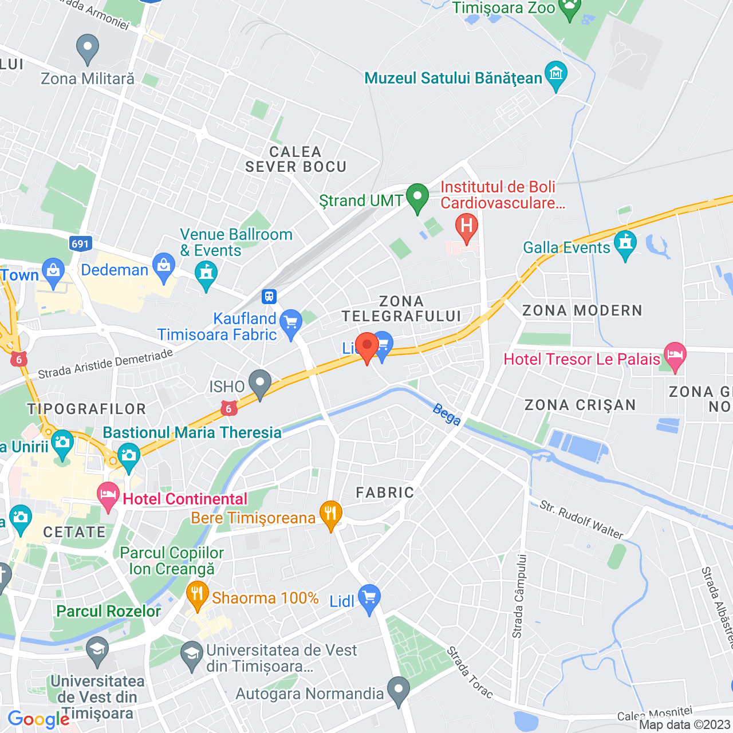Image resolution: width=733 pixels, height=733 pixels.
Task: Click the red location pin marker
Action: (x=366, y=346)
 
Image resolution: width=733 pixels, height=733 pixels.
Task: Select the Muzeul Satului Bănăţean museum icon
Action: (x=556, y=75)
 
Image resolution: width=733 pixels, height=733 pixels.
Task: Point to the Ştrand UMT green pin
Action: (x=417, y=198)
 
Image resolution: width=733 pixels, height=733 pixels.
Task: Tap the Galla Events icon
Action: (x=625, y=244)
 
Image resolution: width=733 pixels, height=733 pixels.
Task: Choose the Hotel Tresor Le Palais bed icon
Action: (x=675, y=356)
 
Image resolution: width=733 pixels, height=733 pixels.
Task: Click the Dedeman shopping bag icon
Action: (x=164, y=267)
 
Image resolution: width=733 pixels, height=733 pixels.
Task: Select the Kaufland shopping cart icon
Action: (x=291, y=323)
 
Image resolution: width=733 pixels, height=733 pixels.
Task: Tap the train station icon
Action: (x=269, y=297)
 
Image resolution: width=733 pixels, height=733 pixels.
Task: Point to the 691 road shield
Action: (x=80, y=244)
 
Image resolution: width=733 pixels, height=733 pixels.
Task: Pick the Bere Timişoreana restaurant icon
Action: (x=330, y=514)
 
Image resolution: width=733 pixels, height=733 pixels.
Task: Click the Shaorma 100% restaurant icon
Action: (x=197, y=595)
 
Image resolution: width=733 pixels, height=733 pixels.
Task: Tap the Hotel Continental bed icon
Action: (x=108, y=496)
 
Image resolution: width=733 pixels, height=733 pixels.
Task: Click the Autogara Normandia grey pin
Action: (x=399, y=690)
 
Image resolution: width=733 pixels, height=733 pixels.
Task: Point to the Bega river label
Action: (x=447, y=415)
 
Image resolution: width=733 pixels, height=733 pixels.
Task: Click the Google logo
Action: (x=39, y=720)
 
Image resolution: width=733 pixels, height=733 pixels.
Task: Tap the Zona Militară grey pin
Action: (x=88, y=48)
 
